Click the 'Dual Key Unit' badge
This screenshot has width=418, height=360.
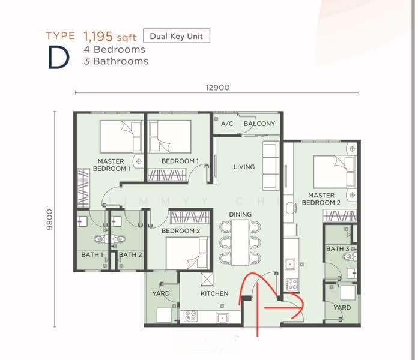tap(176, 36)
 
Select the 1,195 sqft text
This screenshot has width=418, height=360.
tap(110, 37)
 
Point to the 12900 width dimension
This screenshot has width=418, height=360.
tap(217, 88)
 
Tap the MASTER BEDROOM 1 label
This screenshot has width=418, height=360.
tap(111, 165)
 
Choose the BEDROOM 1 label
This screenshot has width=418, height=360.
tap(180, 161)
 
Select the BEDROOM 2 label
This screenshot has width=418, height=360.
tap(181, 231)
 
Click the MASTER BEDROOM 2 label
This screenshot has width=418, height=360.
tap(321, 199)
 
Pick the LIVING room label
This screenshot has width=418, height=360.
tap(244, 167)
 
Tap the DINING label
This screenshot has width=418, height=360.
tap(240, 214)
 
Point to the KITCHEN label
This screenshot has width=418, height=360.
tap(214, 293)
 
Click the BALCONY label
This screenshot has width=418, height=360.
tap(259, 124)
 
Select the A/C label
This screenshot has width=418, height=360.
tap(227, 124)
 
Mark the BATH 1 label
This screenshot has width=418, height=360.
tap(92, 255)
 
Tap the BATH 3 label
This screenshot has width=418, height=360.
tap(338, 249)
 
